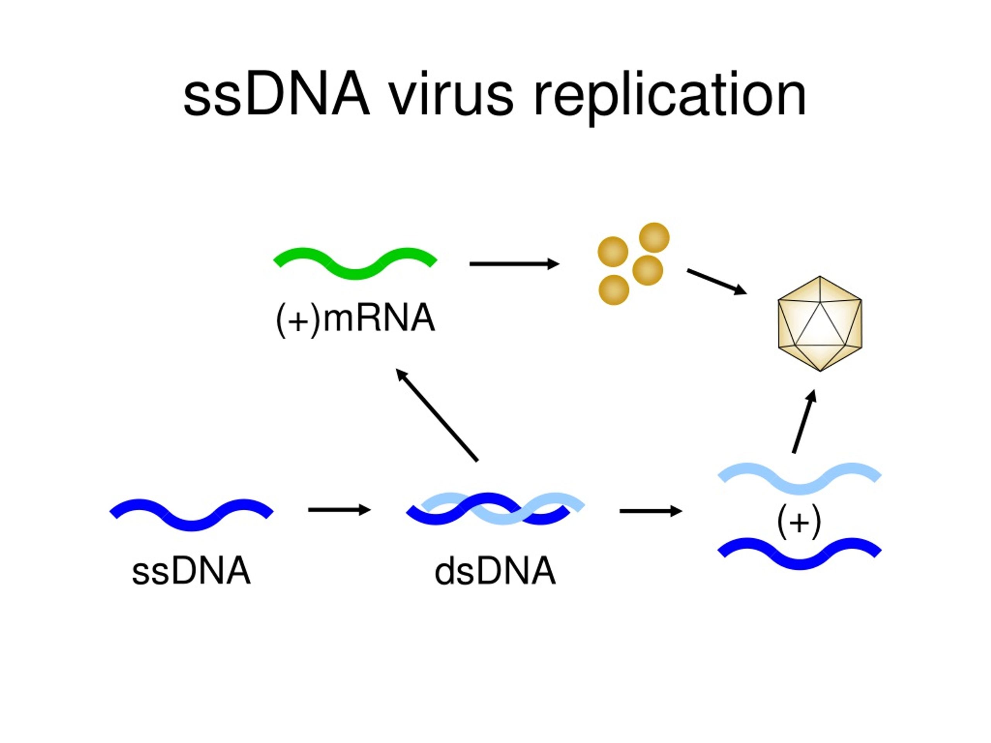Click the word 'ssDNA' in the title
[x=276, y=96]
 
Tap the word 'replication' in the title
[x=669, y=96]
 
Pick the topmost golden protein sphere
[x=654, y=238]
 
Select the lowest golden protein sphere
[x=614, y=290]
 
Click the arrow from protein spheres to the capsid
[x=716, y=282]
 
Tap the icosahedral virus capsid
[x=820, y=324]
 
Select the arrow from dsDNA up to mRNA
[x=437, y=415]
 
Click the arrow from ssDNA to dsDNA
[x=339, y=510]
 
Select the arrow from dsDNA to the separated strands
[x=650, y=511]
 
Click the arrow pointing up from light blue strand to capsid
[x=803, y=421]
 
